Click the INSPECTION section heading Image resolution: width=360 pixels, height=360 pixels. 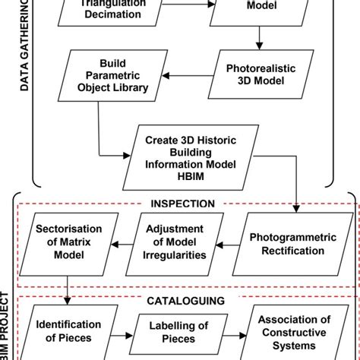(x=182, y=204)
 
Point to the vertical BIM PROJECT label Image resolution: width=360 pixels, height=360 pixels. (x=6, y=327)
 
